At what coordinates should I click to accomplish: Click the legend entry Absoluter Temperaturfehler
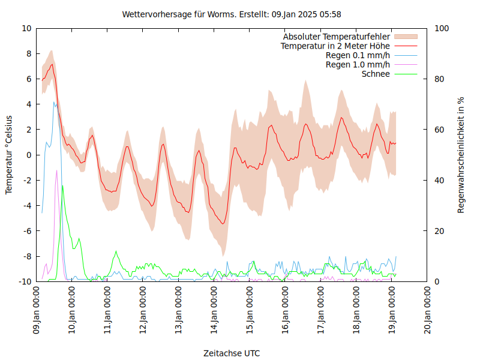tap(337, 37)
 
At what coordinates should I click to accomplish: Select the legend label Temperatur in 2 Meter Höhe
tap(335, 46)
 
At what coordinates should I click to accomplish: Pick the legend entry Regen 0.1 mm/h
tap(358, 55)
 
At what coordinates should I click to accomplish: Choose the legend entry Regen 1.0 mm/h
tap(358, 64)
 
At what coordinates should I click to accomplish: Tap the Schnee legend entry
tap(376, 74)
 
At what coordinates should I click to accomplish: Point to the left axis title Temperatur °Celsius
tap(9, 154)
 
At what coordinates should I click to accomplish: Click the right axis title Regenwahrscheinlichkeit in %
tap(461, 155)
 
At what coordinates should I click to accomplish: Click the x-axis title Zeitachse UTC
tap(232, 353)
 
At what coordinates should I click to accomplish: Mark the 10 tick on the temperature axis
tap(26, 28)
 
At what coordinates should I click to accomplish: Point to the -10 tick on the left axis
tap(25, 281)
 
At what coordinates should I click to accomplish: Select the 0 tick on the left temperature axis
tap(29, 155)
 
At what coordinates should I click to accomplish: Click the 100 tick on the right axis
tap(442, 28)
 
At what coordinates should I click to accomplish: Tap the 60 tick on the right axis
tap(439, 130)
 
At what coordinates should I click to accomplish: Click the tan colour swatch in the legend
tap(406, 37)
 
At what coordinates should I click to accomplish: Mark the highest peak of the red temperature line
tap(52, 64)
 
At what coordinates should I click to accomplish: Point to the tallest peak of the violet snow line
tap(57, 170)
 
